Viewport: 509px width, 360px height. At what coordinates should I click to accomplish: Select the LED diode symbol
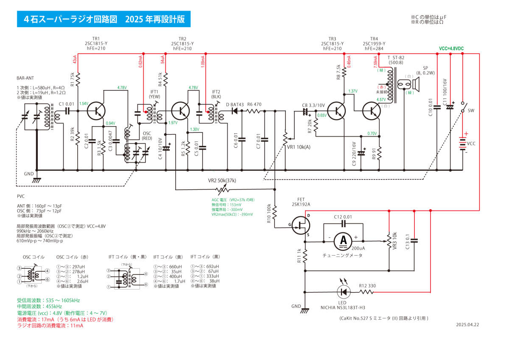coord(343,292)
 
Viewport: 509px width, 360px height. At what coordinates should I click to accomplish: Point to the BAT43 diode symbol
coord(233,111)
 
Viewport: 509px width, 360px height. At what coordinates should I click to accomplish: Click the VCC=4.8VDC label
coord(451,49)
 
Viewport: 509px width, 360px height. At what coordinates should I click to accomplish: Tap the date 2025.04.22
coord(467,324)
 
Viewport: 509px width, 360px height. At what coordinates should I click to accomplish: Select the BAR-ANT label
coord(26,78)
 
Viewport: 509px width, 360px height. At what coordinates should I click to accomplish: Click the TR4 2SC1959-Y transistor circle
coord(374,111)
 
